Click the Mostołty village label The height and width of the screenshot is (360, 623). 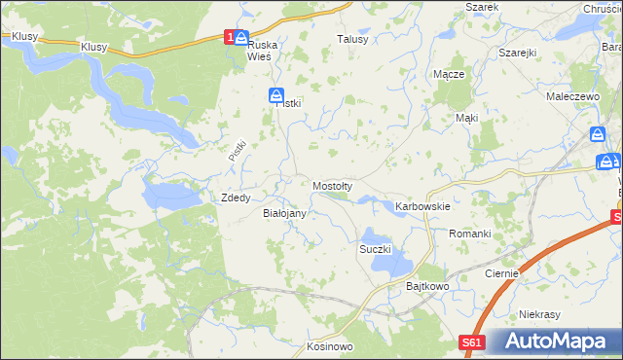(338, 185)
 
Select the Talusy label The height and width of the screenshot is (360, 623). (352, 39)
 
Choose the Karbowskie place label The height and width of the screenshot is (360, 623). (421, 206)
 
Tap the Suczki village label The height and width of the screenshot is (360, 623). (375, 249)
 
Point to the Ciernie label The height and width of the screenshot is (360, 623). (501, 274)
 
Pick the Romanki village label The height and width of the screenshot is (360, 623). (469, 234)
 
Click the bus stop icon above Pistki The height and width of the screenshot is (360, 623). (276, 94)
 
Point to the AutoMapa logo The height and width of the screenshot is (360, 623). (555, 342)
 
